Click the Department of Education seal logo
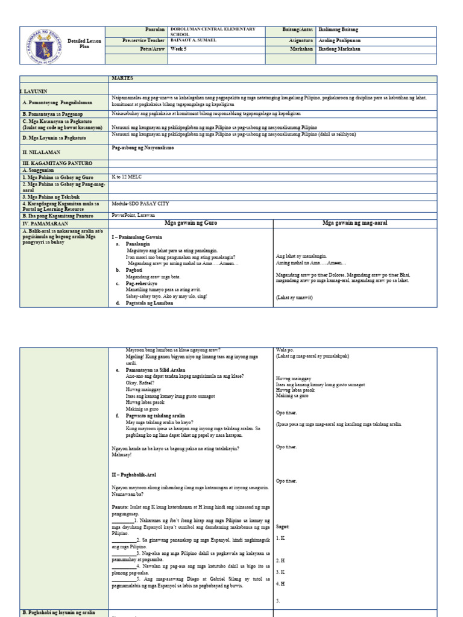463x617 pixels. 46,45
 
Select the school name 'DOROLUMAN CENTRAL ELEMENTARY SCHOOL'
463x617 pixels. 213,32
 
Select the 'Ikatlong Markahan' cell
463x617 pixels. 339,49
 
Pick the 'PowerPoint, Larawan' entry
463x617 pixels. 134,215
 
